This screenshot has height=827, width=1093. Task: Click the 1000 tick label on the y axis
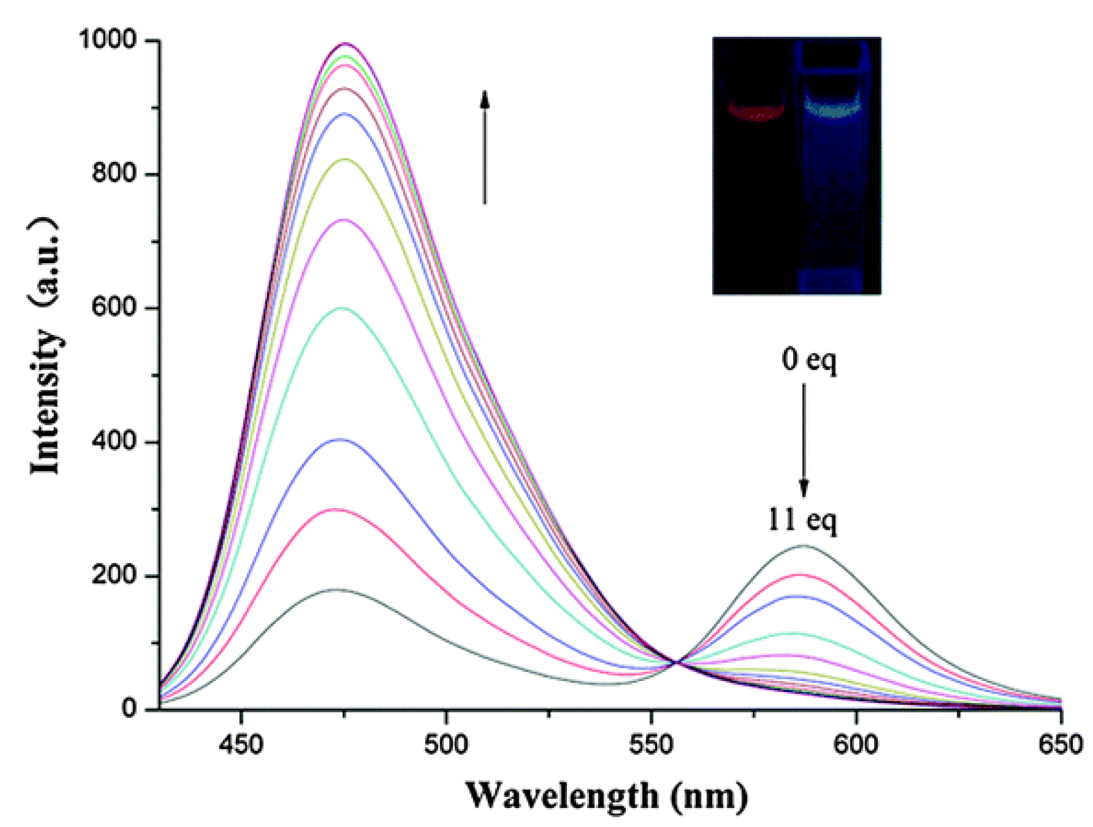pos(107,40)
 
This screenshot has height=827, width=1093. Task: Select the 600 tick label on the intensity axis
pos(114,307)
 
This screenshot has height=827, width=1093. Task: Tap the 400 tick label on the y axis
pos(114,441)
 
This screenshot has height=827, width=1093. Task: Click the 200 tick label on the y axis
pos(114,575)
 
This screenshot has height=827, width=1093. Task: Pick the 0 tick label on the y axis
pos(129,708)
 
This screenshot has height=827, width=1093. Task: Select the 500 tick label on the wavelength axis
pos(446,744)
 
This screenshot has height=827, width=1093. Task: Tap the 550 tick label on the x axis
pos(651,744)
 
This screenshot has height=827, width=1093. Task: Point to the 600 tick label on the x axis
pos(856,744)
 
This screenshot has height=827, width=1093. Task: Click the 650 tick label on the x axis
pos(1060,744)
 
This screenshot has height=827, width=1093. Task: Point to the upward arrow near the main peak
pos(484,147)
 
